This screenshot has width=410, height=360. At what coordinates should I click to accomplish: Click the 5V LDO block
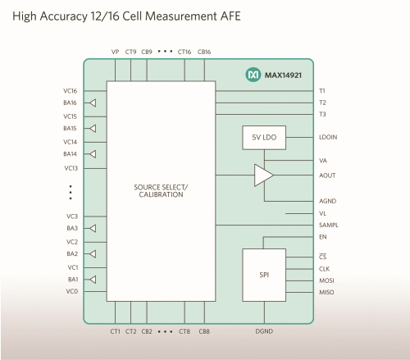pos(264,138)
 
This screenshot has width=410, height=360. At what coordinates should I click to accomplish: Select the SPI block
pos(264,275)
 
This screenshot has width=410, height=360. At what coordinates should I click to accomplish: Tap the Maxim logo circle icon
pos(253,75)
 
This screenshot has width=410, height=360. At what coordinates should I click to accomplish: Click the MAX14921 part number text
pos(283,75)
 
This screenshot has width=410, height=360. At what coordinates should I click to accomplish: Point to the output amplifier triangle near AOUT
pos(263,175)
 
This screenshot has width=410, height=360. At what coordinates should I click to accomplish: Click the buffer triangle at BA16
pos(93,103)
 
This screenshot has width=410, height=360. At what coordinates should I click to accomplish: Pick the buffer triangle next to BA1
pos(93,280)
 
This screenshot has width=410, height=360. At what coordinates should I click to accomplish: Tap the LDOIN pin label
pos(328,137)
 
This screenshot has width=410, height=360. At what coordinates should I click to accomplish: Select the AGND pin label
pos(327,201)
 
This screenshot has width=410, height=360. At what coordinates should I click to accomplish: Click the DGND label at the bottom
pos(264,331)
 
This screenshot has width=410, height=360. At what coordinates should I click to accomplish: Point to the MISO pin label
pos(326,292)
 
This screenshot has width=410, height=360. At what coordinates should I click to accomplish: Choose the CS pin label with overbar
pos(323,257)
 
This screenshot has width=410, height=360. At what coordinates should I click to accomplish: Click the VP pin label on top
pos(115,52)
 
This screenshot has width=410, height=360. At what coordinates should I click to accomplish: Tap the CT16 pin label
pos(184,52)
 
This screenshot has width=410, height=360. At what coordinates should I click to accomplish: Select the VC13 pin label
pos(71,168)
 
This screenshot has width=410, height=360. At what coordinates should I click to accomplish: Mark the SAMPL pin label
pos(329,225)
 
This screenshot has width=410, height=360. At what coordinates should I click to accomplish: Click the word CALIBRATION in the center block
pos(161,194)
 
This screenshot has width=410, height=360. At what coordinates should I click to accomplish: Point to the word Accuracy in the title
pos(63,16)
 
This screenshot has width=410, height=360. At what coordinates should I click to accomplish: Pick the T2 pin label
pos(322,103)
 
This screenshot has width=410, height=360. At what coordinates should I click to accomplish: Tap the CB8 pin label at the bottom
pos(204,331)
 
